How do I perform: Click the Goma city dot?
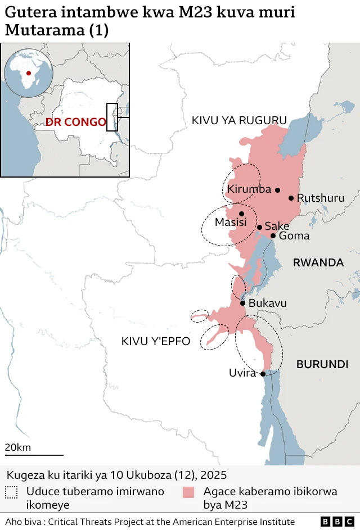coord(273,235)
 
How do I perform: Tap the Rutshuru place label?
coord(321,198)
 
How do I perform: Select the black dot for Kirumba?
coord(277,190)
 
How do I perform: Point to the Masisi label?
coord(231,223)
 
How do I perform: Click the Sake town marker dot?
coord(259,228)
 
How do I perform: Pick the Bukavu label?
coord(268,303)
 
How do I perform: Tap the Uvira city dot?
coord(263,374)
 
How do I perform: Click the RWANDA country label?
coord(318,262)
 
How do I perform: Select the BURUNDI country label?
coord(322,364)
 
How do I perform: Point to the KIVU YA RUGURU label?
coord(239,120)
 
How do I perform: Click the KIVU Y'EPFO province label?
coord(156,341)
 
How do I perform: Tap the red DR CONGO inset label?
coord(75,122)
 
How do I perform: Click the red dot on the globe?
coord(29,73)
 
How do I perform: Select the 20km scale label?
coord(18,447)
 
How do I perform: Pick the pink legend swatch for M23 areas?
coord(188,492)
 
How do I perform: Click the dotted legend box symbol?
coord(11,492)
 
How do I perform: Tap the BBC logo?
coord(335,522)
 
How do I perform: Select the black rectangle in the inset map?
coord(112,117)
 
